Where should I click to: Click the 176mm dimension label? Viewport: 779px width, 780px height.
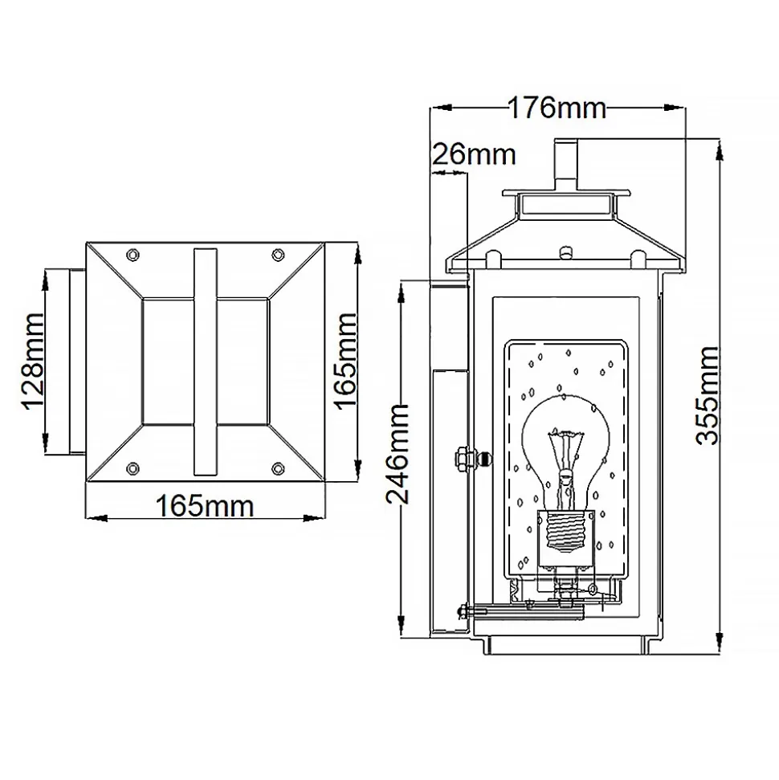557,108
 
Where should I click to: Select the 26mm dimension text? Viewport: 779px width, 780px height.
474,154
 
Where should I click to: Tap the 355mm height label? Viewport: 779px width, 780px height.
707,395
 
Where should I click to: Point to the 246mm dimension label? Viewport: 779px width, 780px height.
398,454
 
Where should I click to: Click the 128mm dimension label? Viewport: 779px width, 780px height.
34,361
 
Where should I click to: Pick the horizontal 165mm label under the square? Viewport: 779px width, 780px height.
205,506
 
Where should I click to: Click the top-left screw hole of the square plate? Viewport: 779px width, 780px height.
133,255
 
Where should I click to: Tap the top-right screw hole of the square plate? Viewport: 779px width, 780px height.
278,255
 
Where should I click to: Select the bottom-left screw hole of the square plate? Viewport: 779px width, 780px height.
133,468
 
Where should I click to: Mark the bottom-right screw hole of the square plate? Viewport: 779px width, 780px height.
278,468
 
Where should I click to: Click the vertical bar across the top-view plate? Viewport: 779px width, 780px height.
205,361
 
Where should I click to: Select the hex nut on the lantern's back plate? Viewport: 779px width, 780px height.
461,457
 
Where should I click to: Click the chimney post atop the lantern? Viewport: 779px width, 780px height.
566,164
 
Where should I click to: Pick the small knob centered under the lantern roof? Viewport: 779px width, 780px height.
565,251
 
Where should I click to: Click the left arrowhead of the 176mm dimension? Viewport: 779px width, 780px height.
441,108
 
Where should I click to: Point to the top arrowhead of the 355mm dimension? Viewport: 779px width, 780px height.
720,149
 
